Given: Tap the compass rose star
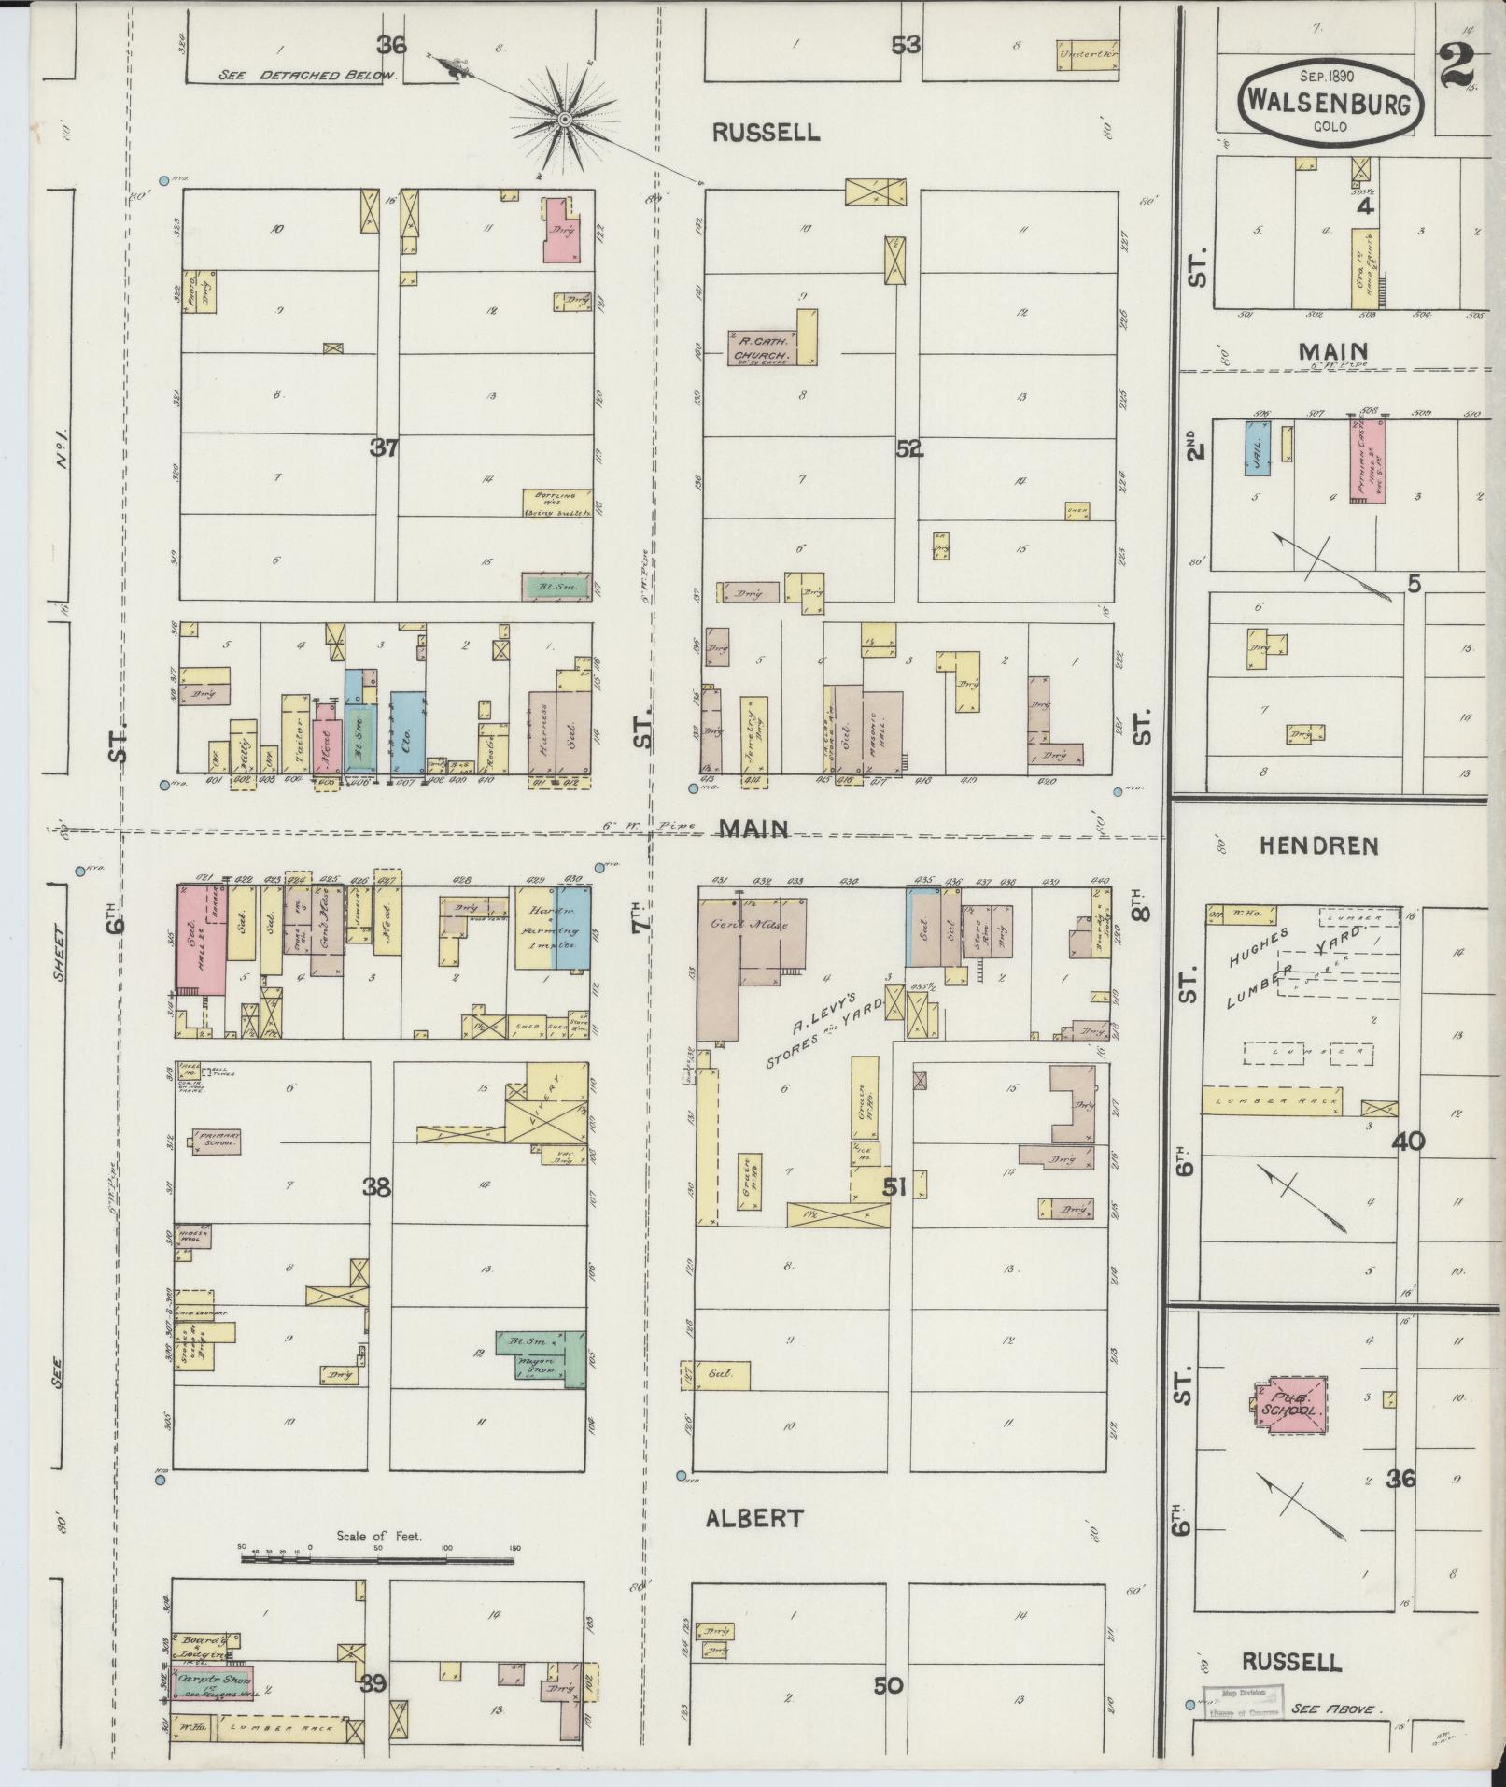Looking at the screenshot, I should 564,120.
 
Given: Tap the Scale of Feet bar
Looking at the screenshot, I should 377,1556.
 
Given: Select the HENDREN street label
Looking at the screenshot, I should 1318,846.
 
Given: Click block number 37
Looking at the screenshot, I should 384,448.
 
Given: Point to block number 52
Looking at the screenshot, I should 908,448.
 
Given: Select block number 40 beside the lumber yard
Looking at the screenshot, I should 1408,1141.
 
